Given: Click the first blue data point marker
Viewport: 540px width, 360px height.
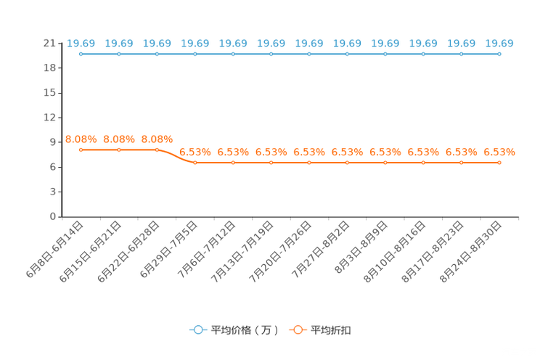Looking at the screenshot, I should (81, 54).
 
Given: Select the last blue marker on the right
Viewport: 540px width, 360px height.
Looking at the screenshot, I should (499, 54).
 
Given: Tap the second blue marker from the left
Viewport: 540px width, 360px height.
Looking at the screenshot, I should (119, 54).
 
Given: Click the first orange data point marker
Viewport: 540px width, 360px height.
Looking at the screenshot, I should (81, 150).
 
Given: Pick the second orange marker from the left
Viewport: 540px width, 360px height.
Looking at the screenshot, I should (119, 150).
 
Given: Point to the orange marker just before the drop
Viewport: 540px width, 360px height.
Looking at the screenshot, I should (157, 150).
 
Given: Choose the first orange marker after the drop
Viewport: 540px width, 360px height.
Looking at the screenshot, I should (195, 162).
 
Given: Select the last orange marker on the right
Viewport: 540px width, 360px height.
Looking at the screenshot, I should (499, 162).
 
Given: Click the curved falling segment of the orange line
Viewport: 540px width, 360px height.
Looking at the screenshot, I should (176, 156).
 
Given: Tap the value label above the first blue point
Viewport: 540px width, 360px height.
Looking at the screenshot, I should (81, 44).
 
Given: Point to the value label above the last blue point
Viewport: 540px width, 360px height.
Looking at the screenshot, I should (499, 44).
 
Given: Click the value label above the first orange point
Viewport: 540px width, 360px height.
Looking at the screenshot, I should (81, 139).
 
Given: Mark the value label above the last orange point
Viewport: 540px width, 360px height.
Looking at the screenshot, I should (499, 152).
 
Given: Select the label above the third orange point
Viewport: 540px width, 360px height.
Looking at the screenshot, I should (157, 139).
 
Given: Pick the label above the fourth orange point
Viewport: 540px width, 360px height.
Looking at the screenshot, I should (195, 152).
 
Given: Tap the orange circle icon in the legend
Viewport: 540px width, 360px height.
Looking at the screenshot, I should (298, 330).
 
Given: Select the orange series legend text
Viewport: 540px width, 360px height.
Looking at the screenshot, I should (332, 330).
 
